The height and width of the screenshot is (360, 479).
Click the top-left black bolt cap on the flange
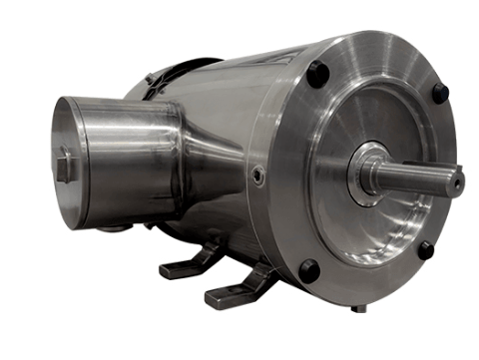click(x=316, y=74)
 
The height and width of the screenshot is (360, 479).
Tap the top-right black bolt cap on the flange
click(x=439, y=92)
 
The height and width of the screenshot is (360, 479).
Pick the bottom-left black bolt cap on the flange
click(x=309, y=270)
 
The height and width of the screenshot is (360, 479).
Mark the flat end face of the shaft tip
click(x=458, y=181)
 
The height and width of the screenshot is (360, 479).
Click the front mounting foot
click(x=235, y=290)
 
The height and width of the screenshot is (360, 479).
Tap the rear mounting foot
click(x=185, y=264)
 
